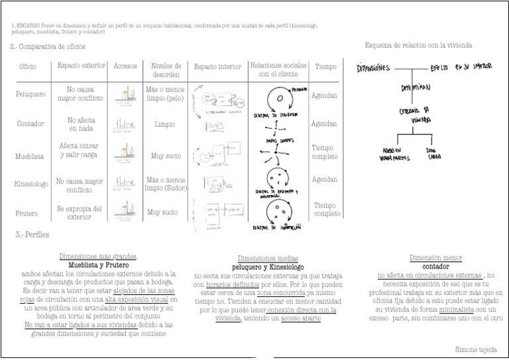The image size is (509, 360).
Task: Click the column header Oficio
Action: click(28, 68)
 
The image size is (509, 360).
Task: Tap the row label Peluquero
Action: click(30, 94)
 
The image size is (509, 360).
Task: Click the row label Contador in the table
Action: click(30, 124)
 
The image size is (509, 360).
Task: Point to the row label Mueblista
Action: click(30, 156)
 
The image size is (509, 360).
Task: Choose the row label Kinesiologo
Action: click(31, 184)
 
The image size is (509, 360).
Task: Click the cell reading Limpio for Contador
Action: click(164, 124)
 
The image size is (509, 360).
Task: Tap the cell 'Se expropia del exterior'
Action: click(80, 212)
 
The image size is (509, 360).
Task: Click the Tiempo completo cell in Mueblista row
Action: click(325, 152)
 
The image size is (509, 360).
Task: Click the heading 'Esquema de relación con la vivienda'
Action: click(418, 45)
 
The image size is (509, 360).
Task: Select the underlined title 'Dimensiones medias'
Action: click(267, 258)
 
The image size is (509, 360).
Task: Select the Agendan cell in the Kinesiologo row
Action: click(324, 180)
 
